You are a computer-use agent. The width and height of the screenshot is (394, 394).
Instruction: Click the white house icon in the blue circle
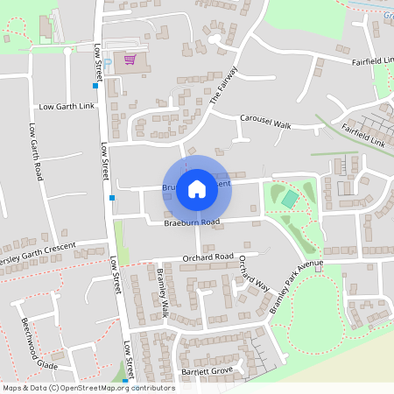coord(197,188)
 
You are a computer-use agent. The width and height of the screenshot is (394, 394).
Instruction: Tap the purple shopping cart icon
coord(130,60)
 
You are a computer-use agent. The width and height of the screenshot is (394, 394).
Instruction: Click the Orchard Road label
coord(208,257)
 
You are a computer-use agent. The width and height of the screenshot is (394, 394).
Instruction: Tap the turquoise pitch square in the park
coord(289,199)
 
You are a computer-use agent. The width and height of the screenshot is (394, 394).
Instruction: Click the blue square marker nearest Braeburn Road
coord(112,198)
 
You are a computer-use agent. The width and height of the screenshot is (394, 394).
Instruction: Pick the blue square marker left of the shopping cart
coord(95,86)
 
